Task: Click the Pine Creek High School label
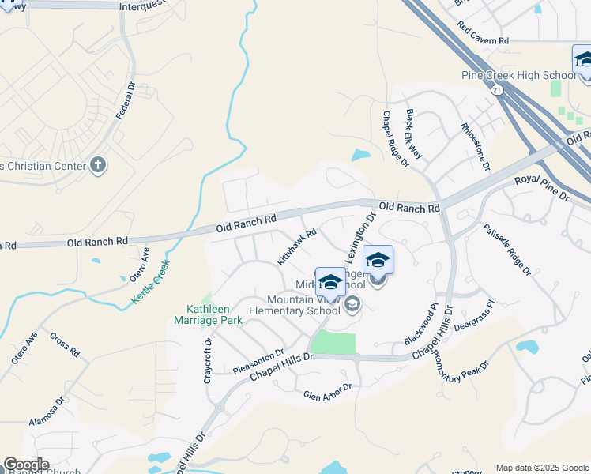(x=518, y=76)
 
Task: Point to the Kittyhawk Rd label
(x=297, y=246)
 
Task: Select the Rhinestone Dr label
(x=476, y=147)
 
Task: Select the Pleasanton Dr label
(x=258, y=363)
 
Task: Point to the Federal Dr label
(x=126, y=100)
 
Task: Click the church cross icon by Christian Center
(x=98, y=165)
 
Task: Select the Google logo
(x=26, y=465)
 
